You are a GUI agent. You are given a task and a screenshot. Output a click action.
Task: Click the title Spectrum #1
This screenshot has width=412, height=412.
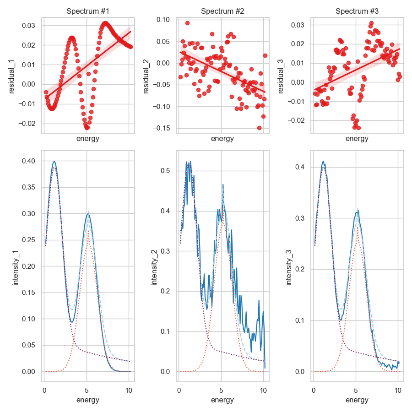[x=87, y=11]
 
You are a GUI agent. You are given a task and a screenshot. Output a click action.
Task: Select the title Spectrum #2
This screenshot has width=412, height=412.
[x=222, y=11]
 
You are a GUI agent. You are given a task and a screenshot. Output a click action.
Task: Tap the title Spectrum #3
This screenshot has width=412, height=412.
[x=357, y=11]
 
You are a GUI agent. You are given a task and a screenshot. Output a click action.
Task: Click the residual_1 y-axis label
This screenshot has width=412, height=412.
[x=12, y=75]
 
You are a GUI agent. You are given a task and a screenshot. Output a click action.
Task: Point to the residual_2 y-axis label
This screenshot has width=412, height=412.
[x=147, y=75]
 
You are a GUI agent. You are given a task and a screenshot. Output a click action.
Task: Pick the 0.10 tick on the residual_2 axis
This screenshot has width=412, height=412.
[x=163, y=19]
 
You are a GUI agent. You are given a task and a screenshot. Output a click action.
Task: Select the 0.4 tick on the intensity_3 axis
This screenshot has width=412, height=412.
[x=301, y=167]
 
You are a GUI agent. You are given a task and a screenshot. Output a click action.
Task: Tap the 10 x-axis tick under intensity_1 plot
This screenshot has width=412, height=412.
[x=129, y=390]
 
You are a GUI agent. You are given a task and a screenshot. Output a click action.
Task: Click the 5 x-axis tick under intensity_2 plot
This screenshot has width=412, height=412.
[x=221, y=390]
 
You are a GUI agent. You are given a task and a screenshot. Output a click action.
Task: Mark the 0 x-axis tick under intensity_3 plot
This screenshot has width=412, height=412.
[x=313, y=390]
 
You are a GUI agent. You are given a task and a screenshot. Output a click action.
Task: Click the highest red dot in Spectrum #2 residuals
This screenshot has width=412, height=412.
[x=187, y=23]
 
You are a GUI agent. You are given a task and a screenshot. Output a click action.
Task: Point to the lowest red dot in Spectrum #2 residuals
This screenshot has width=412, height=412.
[x=259, y=128]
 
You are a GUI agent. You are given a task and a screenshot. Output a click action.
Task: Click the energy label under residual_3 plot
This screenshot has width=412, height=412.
[x=357, y=139]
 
